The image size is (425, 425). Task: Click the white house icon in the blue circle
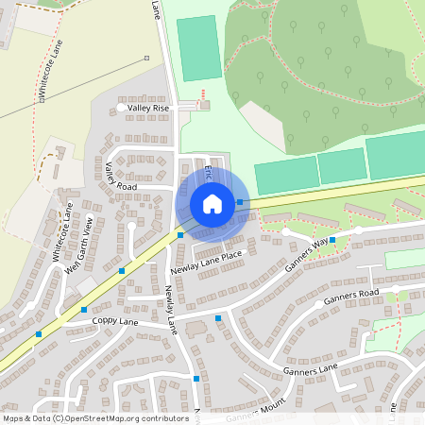pyautogui.click(x=212, y=203)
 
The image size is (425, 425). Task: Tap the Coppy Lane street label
pyautogui.click(x=114, y=321)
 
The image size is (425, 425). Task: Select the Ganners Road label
pyautogui.click(x=350, y=297)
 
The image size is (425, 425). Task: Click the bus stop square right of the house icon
pyautogui.click(x=240, y=202)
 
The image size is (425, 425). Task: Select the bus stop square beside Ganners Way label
pyautogui.click(x=332, y=241)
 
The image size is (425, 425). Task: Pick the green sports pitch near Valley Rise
pyautogui.click(x=196, y=47)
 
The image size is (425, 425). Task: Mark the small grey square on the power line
pyautogui.click(x=146, y=59)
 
